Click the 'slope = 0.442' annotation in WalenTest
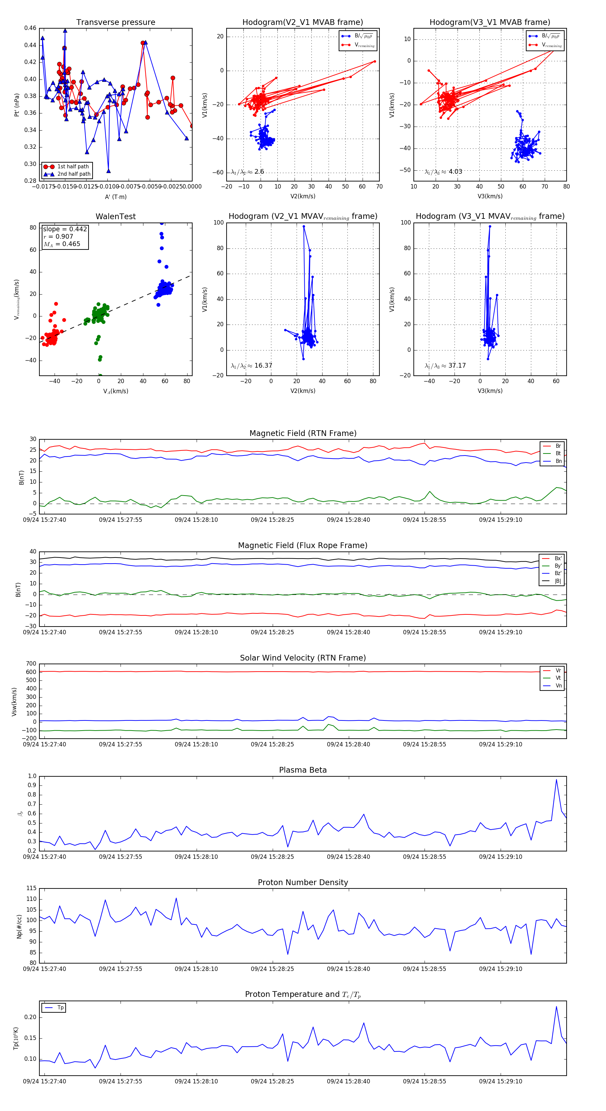point(65,229)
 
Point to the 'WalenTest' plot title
point(115,216)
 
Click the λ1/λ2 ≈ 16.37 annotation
point(251,366)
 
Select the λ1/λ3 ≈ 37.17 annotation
point(445,366)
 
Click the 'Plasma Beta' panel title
point(303,770)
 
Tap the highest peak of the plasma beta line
point(557,779)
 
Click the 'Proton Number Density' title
point(303,882)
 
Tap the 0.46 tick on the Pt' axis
point(30,28)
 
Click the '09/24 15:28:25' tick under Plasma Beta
point(272,856)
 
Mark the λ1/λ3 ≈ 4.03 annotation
point(443,172)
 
